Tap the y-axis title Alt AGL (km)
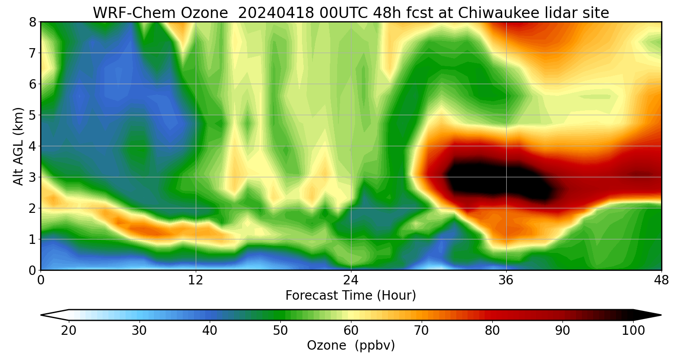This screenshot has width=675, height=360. pos(18,146)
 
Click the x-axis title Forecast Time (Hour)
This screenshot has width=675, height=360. pos(351,295)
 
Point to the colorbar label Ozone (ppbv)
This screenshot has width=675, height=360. pos(351,345)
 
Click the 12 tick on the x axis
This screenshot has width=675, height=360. pos(196,280)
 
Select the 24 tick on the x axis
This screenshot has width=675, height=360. pos(351,280)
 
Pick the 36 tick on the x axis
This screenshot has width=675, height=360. pos(506,280)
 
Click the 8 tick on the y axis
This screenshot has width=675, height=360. pos(32,22)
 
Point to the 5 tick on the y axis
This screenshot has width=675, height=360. pos(32,115)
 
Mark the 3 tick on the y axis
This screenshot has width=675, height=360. pos(32,177)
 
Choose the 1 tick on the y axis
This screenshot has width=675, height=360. pos(32,239)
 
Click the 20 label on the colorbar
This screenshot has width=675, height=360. pos(68,331)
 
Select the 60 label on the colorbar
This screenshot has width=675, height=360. pos(351,331)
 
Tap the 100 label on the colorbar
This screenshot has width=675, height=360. pos(633,331)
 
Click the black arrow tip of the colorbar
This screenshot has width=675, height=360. pos(652,315)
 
